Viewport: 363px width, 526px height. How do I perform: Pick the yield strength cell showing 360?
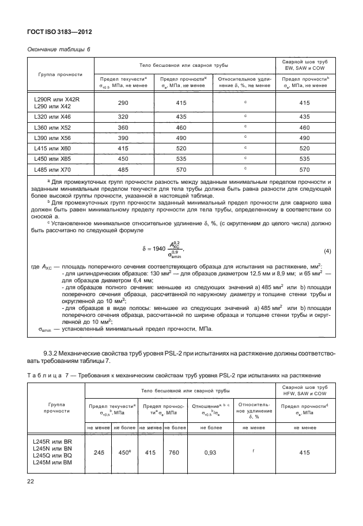click(123, 127)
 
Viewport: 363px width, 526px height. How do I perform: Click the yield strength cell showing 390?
click(123, 138)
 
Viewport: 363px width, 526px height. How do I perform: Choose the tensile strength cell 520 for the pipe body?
click(183, 148)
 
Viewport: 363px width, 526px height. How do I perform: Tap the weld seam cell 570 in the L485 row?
click(305, 169)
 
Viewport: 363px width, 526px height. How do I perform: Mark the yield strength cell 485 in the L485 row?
click(123, 169)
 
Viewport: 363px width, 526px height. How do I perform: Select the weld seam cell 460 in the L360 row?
click(305, 127)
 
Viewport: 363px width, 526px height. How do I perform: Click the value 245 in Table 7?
click(99, 453)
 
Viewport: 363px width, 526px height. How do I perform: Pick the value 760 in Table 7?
click(175, 453)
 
